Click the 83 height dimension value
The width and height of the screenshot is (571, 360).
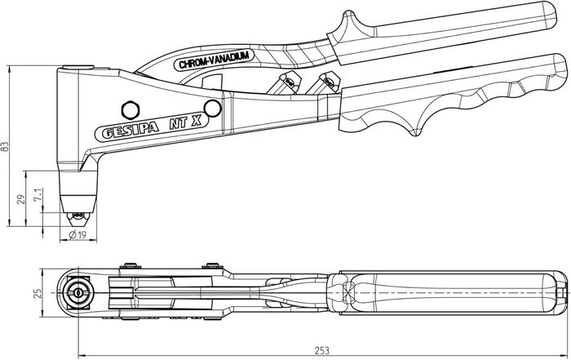[x=5, y=146]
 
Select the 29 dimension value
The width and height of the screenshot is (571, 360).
[x=22, y=199]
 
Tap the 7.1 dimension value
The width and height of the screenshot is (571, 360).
[x=38, y=195]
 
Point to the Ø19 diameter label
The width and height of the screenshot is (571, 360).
[x=77, y=235]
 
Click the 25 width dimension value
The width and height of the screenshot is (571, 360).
[x=38, y=293]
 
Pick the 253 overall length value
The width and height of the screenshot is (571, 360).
[x=322, y=350]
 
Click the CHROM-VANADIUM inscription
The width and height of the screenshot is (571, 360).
[x=214, y=60]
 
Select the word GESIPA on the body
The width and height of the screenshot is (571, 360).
[x=130, y=130]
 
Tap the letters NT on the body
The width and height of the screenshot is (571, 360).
[x=179, y=123]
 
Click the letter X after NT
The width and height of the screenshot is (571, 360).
[x=197, y=121]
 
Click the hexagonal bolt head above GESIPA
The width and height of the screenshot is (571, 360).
[x=131, y=109]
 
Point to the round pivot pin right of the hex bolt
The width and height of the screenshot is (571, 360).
[x=213, y=109]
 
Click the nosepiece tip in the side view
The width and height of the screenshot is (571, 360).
[x=77, y=218]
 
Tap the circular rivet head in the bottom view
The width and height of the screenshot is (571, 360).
[x=77, y=292]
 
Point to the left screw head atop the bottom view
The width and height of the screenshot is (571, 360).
[x=130, y=265]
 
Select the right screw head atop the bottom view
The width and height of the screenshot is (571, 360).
[x=212, y=265]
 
